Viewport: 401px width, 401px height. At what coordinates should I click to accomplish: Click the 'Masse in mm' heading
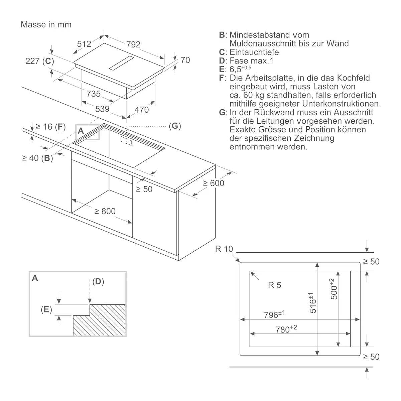(x=46, y=24)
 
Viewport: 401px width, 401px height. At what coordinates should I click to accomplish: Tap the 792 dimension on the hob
(x=133, y=44)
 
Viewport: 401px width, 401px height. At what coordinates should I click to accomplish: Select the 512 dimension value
(x=84, y=44)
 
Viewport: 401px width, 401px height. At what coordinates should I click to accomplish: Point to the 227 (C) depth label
(x=40, y=61)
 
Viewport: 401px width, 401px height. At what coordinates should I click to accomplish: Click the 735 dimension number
(x=94, y=94)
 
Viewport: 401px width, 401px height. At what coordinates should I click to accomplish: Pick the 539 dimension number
(x=102, y=109)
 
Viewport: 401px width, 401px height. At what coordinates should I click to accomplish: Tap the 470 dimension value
(x=141, y=110)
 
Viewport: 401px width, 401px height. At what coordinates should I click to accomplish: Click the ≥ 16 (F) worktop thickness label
(x=50, y=127)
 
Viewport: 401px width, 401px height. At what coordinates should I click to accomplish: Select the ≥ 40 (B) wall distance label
(x=37, y=158)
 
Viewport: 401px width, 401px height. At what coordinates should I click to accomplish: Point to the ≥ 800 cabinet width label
(x=105, y=211)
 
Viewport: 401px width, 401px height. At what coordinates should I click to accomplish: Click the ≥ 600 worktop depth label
(x=214, y=183)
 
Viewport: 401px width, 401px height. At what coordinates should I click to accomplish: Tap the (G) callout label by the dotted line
(x=175, y=126)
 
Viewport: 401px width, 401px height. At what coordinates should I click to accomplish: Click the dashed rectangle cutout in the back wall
(x=126, y=141)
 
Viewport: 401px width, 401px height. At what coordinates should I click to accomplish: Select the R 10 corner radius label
(x=224, y=249)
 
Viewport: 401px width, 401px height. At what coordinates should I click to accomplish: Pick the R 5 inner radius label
(x=274, y=285)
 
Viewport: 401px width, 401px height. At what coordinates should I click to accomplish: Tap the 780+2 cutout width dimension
(x=286, y=329)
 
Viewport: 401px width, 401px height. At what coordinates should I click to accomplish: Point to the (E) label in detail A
(x=46, y=309)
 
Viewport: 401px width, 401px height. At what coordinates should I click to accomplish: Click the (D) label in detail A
(x=98, y=282)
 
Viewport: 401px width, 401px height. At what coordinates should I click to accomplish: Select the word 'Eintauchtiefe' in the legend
(x=254, y=52)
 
